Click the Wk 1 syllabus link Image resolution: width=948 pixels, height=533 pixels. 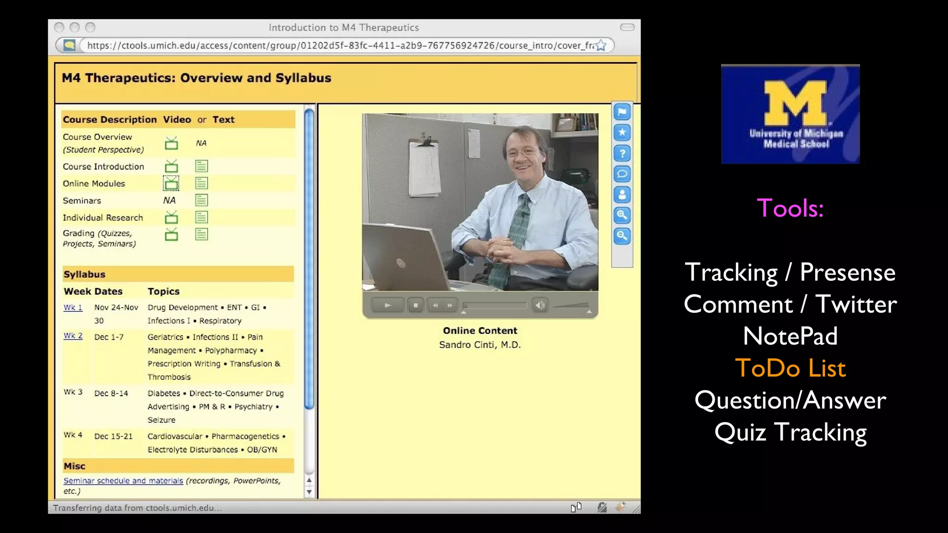[x=73, y=308]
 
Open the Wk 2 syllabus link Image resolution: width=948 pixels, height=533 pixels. [x=73, y=336]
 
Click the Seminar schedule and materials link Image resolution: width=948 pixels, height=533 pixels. [x=123, y=481]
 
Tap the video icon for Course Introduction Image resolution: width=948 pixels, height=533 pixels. [x=171, y=166]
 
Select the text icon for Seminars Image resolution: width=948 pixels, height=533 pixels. [x=201, y=200]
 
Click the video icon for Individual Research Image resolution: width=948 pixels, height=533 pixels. [x=171, y=217]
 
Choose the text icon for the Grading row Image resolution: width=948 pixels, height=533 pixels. [x=201, y=234]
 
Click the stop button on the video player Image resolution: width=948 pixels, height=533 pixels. [x=416, y=305]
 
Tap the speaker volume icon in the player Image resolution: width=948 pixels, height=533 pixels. [x=540, y=305]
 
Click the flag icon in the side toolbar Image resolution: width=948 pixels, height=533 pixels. [x=622, y=112]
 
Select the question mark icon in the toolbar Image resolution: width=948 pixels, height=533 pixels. [x=622, y=153]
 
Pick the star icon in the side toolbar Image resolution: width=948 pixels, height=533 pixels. [x=622, y=133]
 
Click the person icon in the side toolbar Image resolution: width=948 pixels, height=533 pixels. [x=622, y=195]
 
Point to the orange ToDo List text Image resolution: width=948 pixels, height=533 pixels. [x=790, y=368]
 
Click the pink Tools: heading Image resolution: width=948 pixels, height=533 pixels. [x=790, y=208]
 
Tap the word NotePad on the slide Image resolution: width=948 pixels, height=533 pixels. [x=790, y=336]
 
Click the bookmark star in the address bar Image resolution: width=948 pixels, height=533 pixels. [x=601, y=45]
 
